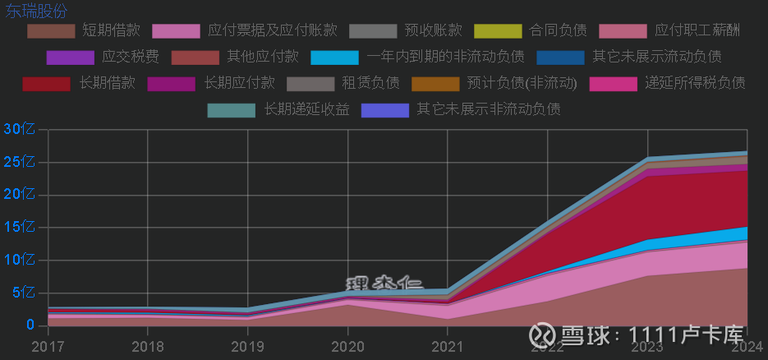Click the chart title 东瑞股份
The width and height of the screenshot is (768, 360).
point(37,12)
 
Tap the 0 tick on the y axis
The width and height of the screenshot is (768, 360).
point(30,325)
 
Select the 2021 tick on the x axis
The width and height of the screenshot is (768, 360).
point(448,348)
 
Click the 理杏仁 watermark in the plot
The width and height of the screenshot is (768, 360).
point(384,284)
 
